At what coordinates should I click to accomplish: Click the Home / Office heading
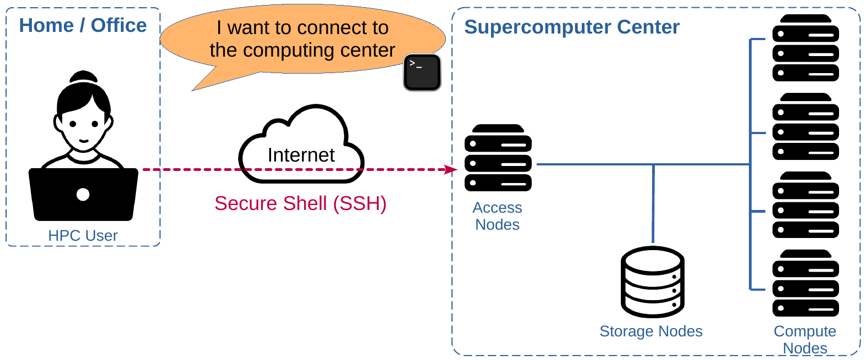(x=83, y=25)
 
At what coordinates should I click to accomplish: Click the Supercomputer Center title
(x=572, y=27)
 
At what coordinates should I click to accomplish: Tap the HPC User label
(x=83, y=235)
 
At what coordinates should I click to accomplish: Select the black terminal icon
(x=422, y=72)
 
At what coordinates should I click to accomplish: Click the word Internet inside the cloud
(x=301, y=155)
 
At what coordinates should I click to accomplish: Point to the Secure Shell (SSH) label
(x=300, y=203)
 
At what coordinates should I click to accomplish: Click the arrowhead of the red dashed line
(x=452, y=169)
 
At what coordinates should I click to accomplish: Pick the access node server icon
(x=498, y=158)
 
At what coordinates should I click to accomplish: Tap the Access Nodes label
(x=498, y=216)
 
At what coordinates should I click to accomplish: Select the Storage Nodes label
(x=651, y=331)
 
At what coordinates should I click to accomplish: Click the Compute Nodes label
(x=805, y=340)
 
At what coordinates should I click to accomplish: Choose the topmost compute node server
(x=806, y=48)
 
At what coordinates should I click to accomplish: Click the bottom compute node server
(x=806, y=283)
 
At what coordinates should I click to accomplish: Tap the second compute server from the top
(x=806, y=126)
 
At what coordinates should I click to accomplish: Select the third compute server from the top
(x=806, y=205)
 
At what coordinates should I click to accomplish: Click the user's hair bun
(x=83, y=76)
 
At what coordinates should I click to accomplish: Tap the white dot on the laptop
(x=83, y=194)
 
